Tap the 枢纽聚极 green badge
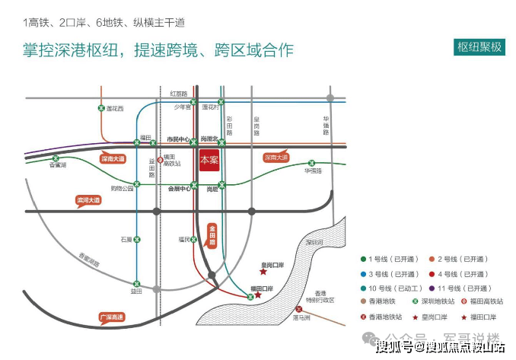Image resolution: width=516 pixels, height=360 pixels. tap(480, 46)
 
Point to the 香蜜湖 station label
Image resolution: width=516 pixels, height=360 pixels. tap(58, 165)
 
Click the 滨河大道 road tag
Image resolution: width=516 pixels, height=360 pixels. tap(88, 201)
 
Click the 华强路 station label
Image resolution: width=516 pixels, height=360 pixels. tap(313, 171)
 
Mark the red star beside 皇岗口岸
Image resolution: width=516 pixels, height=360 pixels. tap(263, 271)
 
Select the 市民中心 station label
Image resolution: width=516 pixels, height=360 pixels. tap(178, 139)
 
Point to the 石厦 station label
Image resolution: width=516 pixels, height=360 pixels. tap(126, 239)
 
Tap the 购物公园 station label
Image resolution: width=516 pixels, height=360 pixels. tap(122, 187)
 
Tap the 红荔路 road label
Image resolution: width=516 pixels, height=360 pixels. tap(179, 93)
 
